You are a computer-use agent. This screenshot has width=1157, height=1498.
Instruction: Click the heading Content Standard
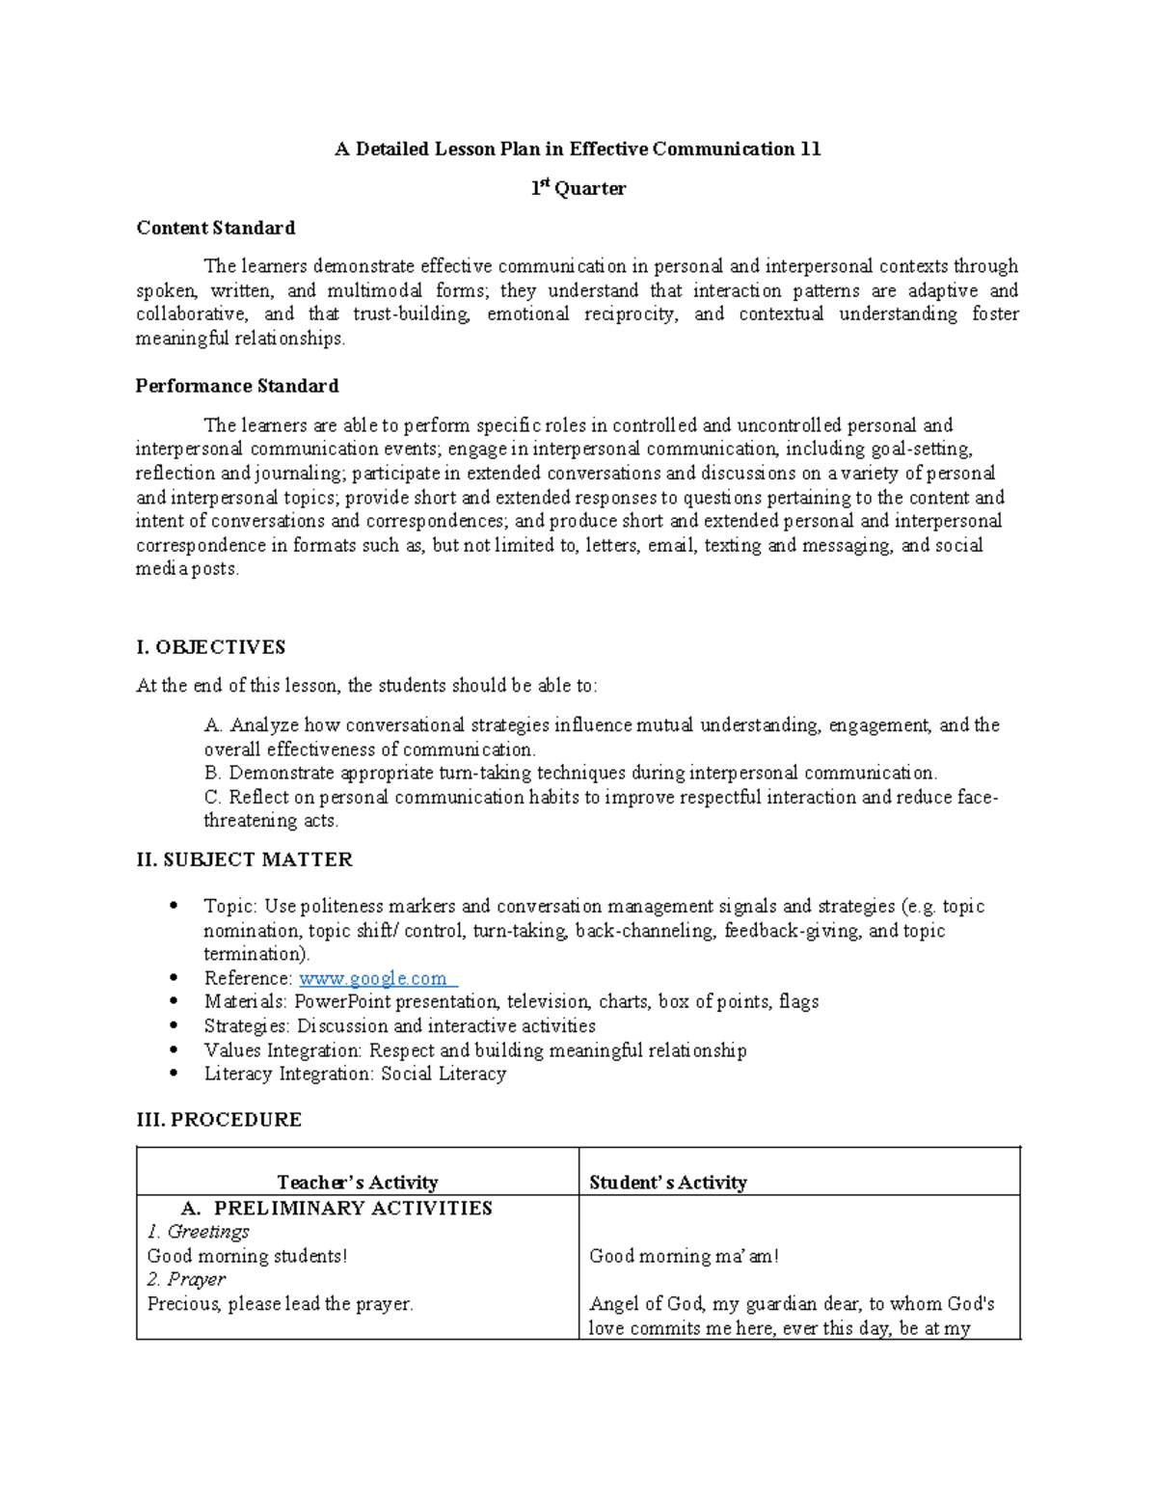pyautogui.click(x=215, y=229)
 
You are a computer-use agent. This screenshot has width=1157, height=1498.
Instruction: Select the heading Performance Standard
pyautogui.click(x=237, y=386)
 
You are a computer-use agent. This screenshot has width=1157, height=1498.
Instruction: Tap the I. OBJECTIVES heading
pyautogui.click(x=211, y=647)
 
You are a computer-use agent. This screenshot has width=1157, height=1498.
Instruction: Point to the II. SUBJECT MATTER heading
pyautogui.click(x=245, y=859)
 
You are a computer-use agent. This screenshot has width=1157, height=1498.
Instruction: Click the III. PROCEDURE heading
pyautogui.click(x=219, y=1119)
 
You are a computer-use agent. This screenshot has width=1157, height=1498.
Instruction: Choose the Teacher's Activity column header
pyautogui.click(x=357, y=1183)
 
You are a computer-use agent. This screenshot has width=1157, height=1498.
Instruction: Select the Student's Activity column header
pyautogui.click(x=668, y=1183)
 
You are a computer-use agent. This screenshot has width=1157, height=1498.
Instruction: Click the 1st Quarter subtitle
pyautogui.click(x=578, y=189)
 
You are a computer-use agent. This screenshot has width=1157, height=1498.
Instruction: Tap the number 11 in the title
pyautogui.click(x=810, y=150)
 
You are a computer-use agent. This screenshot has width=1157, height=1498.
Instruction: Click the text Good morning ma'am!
pyautogui.click(x=684, y=1256)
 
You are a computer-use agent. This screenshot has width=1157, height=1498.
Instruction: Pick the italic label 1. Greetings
pyautogui.click(x=199, y=1232)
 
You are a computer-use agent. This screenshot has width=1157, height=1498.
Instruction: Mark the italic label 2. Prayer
pyautogui.click(x=186, y=1280)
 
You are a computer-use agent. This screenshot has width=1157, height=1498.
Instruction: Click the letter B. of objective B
pyautogui.click(x=213, y=774)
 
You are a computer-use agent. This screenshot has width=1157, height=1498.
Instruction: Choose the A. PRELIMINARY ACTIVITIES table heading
pyautogui.click(x=336, y=1209)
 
